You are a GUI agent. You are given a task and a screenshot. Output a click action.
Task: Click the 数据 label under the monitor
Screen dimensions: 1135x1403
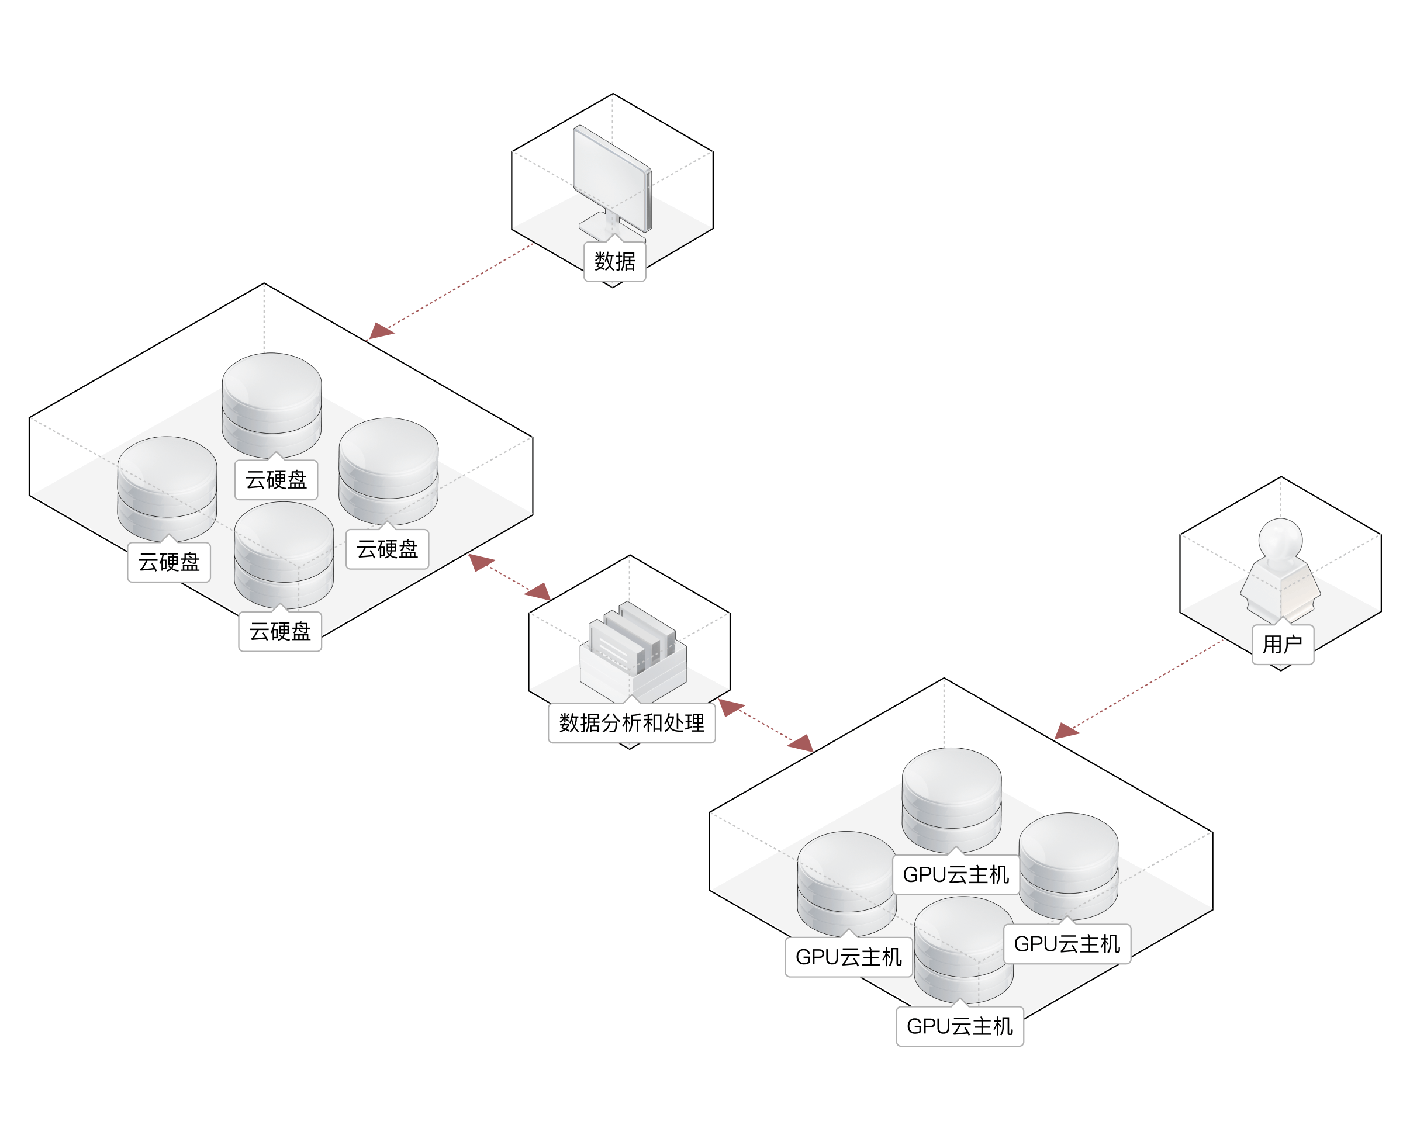(x=614, y=261)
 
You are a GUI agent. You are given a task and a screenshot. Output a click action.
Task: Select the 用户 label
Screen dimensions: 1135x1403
(x=1282, y=645)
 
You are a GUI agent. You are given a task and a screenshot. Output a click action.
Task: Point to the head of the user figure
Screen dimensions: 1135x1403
(x=1280, y=539)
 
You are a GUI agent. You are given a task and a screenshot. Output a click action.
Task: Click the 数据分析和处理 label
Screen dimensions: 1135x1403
(x=631, y=723)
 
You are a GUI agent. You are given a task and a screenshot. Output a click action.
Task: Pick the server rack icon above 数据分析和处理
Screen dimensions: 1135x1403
(x=632, y=647)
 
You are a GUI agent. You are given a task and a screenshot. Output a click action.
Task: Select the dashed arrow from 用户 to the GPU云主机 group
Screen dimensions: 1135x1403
(x=1144, y=687)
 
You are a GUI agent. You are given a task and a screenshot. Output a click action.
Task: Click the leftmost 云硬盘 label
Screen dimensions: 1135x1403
(x=169, y=562)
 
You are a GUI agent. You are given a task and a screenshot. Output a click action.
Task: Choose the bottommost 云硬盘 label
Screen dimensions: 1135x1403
(x=280, y=632)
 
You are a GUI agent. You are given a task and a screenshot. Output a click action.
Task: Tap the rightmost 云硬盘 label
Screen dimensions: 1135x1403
(x=387, y=549)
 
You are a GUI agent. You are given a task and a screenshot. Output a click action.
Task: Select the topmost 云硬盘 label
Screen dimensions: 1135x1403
(x=276, y=480)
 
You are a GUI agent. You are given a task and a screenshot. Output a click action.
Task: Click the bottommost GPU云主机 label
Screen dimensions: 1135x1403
(x=959, y=1026)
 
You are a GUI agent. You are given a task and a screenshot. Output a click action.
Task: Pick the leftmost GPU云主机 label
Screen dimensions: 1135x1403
(x=848, y=957)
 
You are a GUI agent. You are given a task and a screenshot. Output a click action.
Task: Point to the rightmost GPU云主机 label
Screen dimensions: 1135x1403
(x=1066, y=944)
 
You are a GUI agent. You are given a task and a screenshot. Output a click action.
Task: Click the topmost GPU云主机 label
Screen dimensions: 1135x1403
(x=955, y=875)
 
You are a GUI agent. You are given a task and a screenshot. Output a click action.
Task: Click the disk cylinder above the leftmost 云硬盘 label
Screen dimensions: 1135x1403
(x=167, y=487)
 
